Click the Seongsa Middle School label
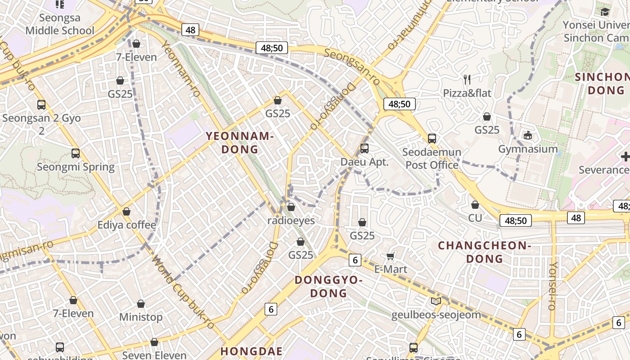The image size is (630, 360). (60, 24)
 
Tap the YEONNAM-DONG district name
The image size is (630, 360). (240, 143)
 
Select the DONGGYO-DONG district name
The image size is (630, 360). (328, 287)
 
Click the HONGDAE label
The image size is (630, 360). (252, 351)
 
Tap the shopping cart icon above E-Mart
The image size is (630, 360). (391, 256)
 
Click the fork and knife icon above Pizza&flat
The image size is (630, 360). (467, 80)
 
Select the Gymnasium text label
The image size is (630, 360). (528, 149)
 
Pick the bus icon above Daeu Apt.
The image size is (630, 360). (364, 148)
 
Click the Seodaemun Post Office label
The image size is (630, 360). (432, 158)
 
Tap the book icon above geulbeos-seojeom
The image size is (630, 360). (436, 301)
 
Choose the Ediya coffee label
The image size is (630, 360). (127, 225)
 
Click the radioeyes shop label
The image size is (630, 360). (291, 220)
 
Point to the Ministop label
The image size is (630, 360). (141, 317)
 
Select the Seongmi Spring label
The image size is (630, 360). (76, 167)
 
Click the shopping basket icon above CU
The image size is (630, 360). (475, 205)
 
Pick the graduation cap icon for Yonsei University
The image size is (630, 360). (605, 12)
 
